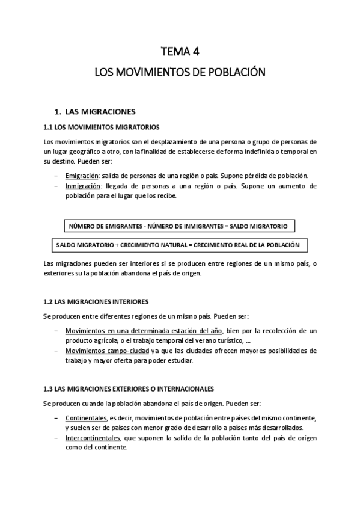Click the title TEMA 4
point(180,51)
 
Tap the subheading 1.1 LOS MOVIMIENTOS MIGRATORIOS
point(102,127)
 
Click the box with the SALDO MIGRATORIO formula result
point(179,226)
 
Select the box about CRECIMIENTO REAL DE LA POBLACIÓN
point(179,245)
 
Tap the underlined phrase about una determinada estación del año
point(144,331)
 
